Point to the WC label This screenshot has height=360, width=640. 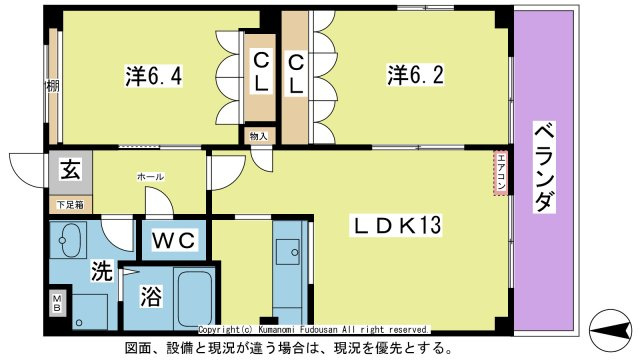[176, 239]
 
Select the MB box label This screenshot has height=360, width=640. [56, 302]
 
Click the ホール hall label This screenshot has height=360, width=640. [151, 177]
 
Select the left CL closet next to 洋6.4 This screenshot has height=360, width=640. [260, 71]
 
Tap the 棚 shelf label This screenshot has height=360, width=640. [51, 86]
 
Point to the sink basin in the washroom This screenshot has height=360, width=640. [70, 241]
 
